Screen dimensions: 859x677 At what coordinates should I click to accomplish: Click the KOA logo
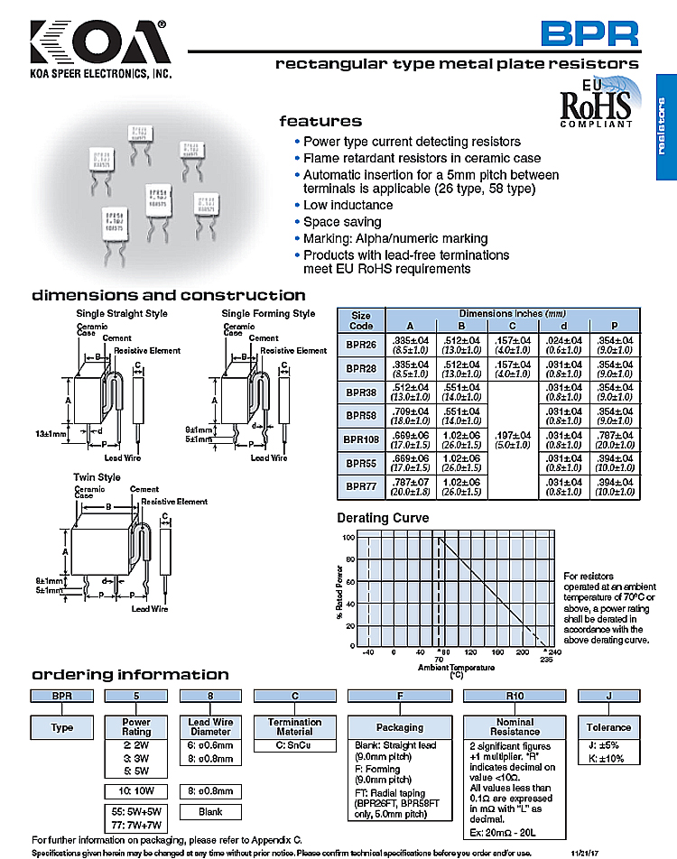tap(99, 42)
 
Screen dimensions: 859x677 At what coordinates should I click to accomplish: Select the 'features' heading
tap(320, 121)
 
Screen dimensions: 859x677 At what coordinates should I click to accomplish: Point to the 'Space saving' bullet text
tap(342, 222)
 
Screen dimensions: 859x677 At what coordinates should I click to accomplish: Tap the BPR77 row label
tap(360, 486)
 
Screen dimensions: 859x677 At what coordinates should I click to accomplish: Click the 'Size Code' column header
tap(360, 320)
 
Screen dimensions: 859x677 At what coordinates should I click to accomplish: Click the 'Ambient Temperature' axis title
tap(456, 667)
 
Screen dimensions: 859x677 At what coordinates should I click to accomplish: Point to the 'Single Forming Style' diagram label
tap(268, 314)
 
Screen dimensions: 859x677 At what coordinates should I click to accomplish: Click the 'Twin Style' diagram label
tap(97, 476)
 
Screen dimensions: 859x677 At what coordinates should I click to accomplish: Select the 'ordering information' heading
tap(131, 675)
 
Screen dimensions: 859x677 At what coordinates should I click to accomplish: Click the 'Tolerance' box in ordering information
tap(608, 727)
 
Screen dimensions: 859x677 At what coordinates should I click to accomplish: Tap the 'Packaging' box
tap(399, 727)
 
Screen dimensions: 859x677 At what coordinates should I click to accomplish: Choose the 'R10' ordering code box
tap(515, 696)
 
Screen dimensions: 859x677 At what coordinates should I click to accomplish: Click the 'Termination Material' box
tap(294, 727)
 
